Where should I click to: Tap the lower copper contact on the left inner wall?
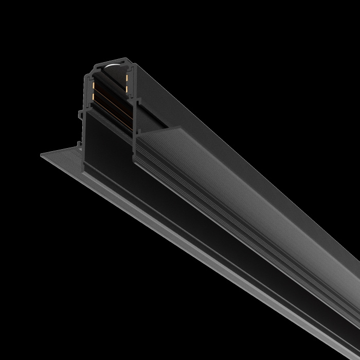point(93,96)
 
